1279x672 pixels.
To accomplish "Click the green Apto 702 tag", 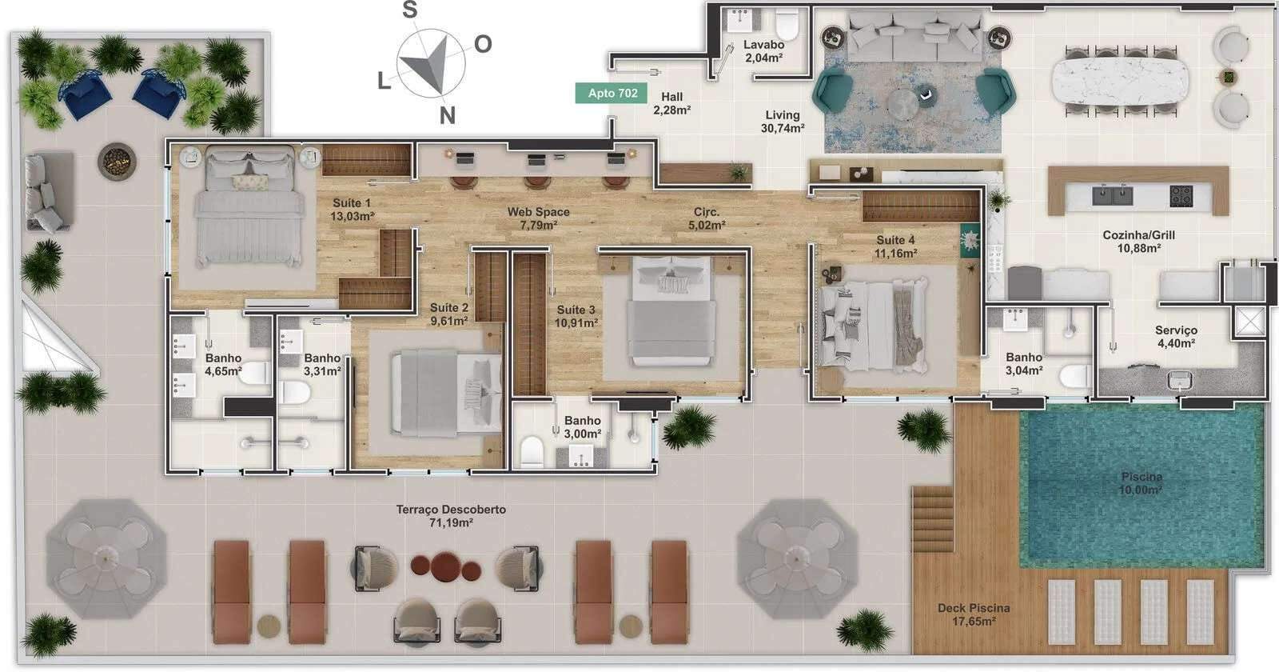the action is (612, 93).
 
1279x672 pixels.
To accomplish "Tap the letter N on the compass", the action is (447, 115).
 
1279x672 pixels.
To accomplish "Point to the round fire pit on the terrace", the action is (117, 161).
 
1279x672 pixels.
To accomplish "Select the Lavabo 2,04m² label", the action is (763, 51).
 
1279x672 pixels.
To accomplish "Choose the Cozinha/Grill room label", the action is (1138, 241).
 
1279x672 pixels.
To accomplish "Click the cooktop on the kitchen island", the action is (1181, 196).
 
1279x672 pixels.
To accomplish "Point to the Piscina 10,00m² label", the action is (1142, 483).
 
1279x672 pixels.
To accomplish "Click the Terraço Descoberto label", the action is (451, 515).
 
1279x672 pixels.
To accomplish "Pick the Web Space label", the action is (539, 218).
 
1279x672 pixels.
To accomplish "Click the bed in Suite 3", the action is (671, 311).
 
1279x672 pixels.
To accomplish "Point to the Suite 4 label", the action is (896, 246).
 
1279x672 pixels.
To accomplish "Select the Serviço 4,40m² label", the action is (1176, 337).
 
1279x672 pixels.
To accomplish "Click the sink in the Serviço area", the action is (1180, 379).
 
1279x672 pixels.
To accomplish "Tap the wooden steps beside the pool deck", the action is (932, 519).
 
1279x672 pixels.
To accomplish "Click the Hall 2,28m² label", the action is (672, 103).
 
